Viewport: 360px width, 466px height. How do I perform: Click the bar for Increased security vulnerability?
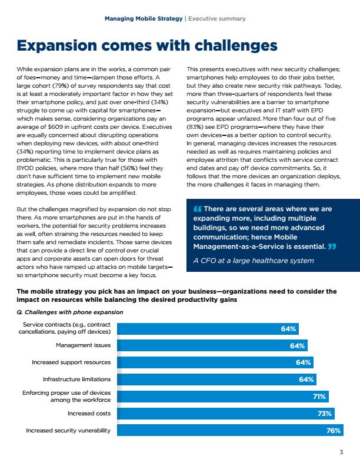point(230,430)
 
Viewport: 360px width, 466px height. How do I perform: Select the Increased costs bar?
point(226,414)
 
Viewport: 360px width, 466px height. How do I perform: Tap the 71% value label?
point(319,397)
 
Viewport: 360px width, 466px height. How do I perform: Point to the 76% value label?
point(334,430)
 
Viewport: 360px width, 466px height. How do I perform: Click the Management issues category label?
point(83,345)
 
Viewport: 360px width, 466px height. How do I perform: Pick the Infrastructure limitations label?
point(76,380)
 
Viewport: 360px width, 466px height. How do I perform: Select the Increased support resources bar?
point(215,362)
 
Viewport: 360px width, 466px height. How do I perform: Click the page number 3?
point(341,452)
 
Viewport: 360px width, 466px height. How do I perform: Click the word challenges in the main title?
point(236,45)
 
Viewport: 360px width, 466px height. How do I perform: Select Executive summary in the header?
point(217,18)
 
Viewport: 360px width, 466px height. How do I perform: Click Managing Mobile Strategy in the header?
point(144,18)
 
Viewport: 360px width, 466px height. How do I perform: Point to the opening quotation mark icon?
point(197,209)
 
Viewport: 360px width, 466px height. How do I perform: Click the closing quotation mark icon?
point(332,247)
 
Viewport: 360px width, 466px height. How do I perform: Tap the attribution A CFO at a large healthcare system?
point(254,261)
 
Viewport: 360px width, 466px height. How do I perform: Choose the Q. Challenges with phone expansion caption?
point(70,312)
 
